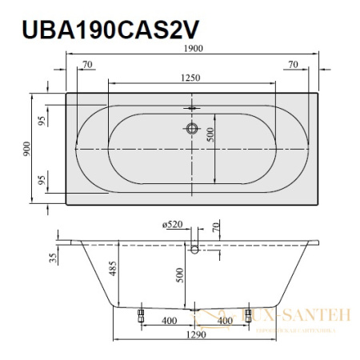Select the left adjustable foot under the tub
141,315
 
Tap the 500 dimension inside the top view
211,137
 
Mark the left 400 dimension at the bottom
167,321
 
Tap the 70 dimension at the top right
293,62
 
